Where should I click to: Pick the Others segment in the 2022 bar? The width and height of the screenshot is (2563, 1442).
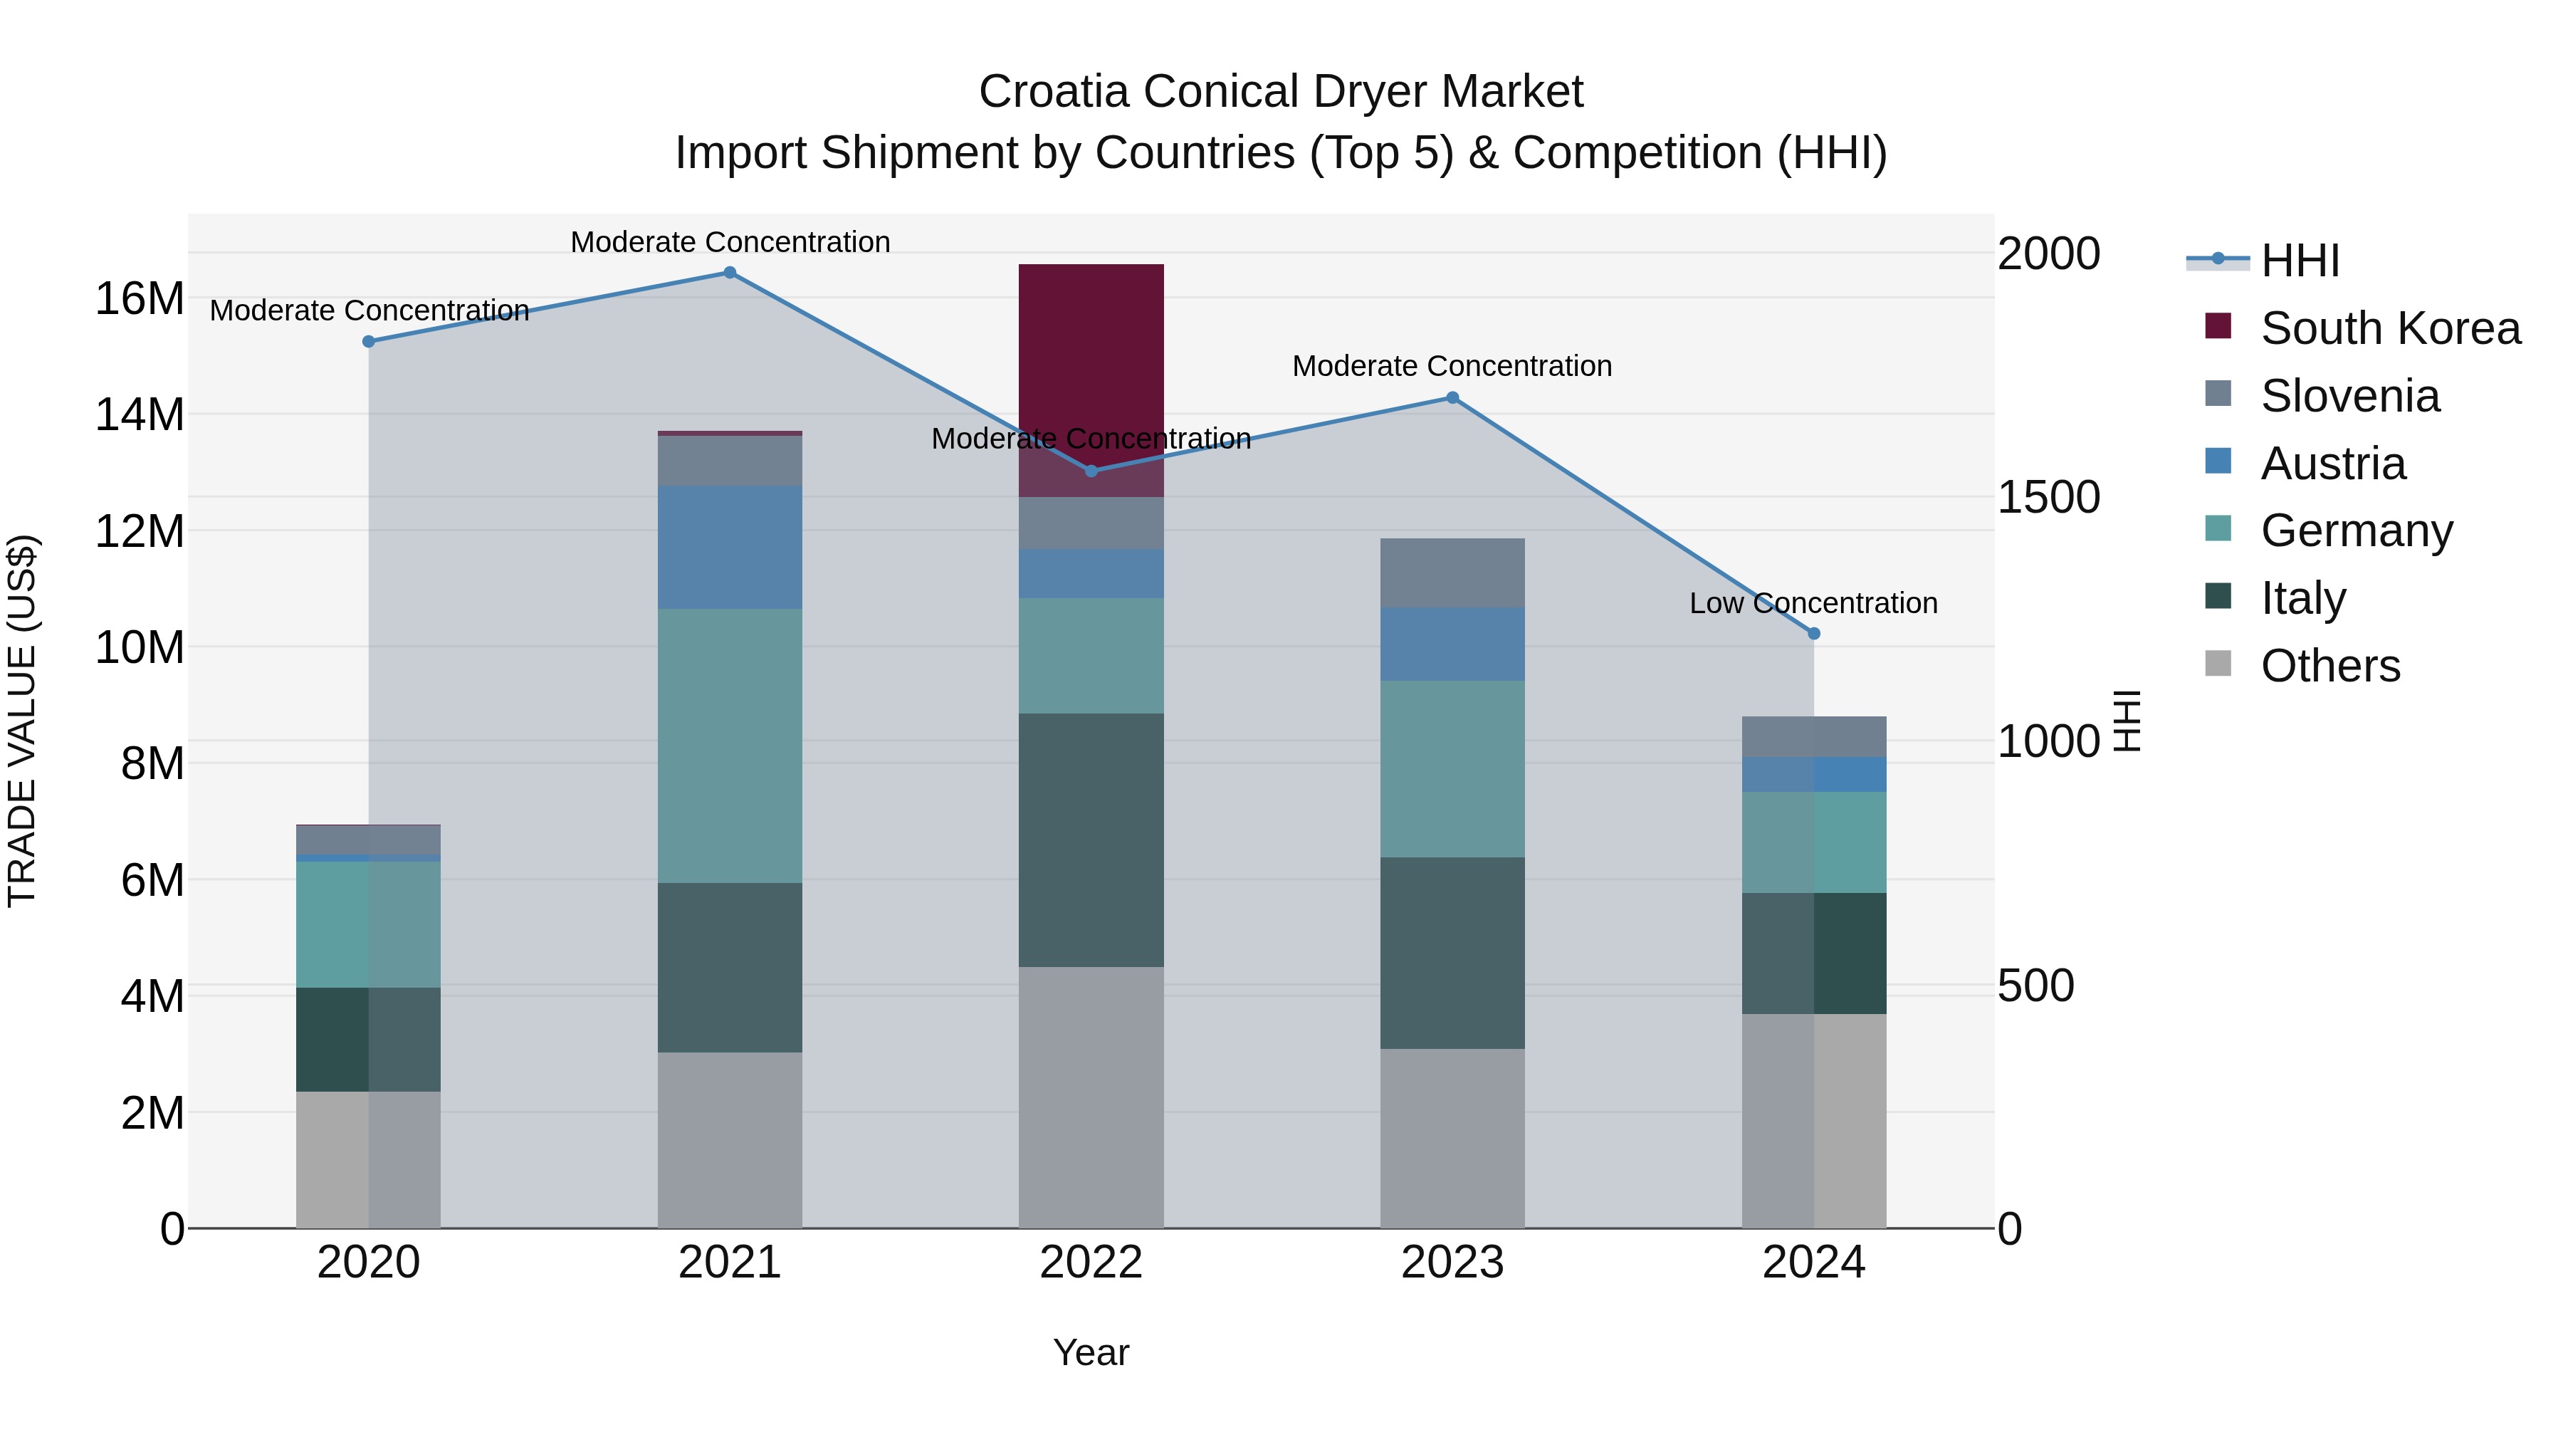point(1091,1097)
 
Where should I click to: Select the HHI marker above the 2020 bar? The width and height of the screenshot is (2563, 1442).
point(368,341)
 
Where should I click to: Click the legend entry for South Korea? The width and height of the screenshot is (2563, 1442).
point(2389,328)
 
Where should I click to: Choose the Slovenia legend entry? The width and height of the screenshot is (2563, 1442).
point(2349,396)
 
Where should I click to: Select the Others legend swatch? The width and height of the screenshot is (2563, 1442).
point(2218,664)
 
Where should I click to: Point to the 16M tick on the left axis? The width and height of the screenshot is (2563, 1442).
point(140,298)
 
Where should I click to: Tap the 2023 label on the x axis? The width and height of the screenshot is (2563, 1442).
point(1452,1263)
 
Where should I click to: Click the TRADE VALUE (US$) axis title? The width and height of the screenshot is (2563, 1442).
point(22,721)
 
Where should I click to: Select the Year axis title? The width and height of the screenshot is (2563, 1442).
point(1091,1352)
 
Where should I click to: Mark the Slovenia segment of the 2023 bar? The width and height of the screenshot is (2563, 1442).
point(1452,573)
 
